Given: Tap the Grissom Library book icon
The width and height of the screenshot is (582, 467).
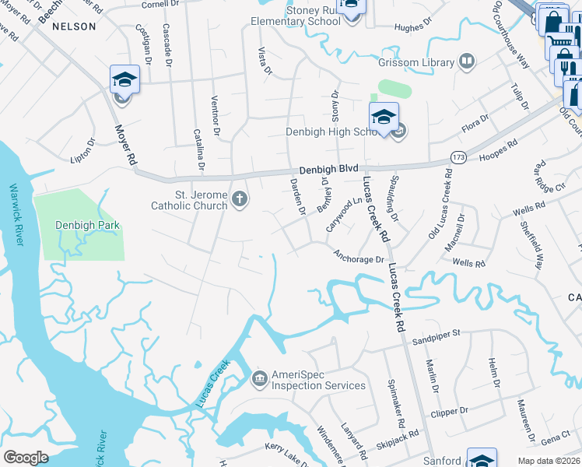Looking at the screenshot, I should tap(467, 61).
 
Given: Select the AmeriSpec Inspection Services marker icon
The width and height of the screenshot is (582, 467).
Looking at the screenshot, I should tap(259, 379).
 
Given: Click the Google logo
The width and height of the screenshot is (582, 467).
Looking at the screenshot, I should tap(26, 457).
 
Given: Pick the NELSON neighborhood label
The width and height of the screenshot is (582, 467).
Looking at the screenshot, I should tap(74, 26).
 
